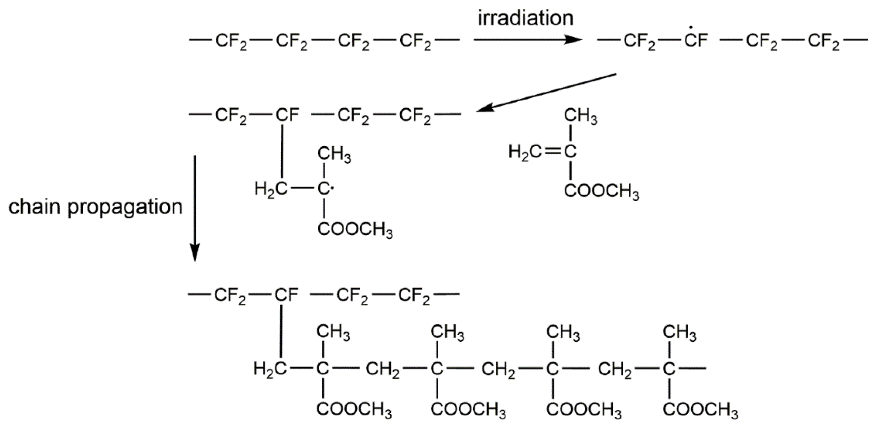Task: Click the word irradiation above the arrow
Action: [x=526, y=18]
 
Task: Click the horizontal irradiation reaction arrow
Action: [x=527, y=40]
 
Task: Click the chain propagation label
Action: [x=95, y=207]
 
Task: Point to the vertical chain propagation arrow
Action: [x=194, y=208]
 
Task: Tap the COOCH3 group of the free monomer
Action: [x=601, y=192]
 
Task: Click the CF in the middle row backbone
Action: [x=287, y=115]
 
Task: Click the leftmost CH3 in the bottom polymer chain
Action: [x=333, y=332]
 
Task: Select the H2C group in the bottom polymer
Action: [x=270, y=369]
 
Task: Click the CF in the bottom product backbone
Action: [x=286, y=295]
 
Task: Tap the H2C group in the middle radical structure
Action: [x=271, y=189]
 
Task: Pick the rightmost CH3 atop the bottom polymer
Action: [x=679, y=332]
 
